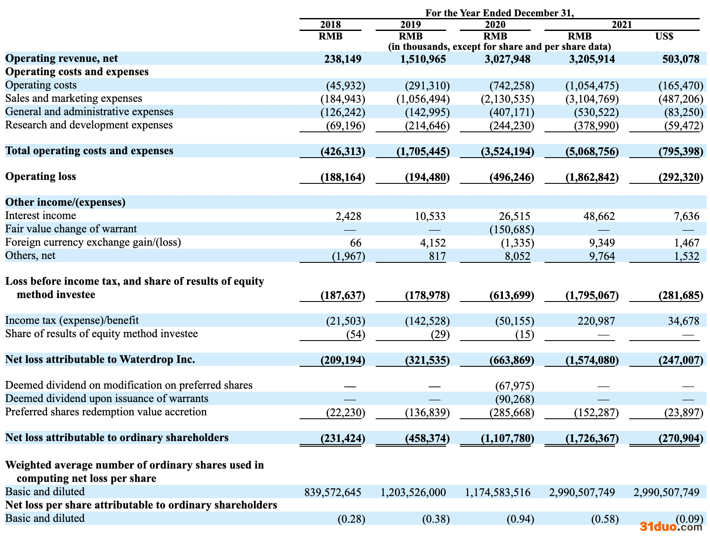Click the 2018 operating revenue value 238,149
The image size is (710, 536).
343,59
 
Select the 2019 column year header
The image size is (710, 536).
410,24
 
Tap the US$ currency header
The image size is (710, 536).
664,36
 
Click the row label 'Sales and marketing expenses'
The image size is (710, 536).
73,98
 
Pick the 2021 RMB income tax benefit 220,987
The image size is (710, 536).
595,321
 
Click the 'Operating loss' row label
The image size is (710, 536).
40,177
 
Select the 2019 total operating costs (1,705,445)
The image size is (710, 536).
423,151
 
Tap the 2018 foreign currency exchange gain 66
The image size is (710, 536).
355,243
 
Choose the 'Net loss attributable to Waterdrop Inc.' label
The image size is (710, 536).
100,359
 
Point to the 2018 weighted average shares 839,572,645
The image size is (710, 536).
333,492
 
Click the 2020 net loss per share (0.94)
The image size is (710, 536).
520,519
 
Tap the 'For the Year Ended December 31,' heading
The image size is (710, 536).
499,13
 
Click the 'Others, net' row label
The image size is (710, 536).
30,256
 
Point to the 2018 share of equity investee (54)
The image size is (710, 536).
355,334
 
